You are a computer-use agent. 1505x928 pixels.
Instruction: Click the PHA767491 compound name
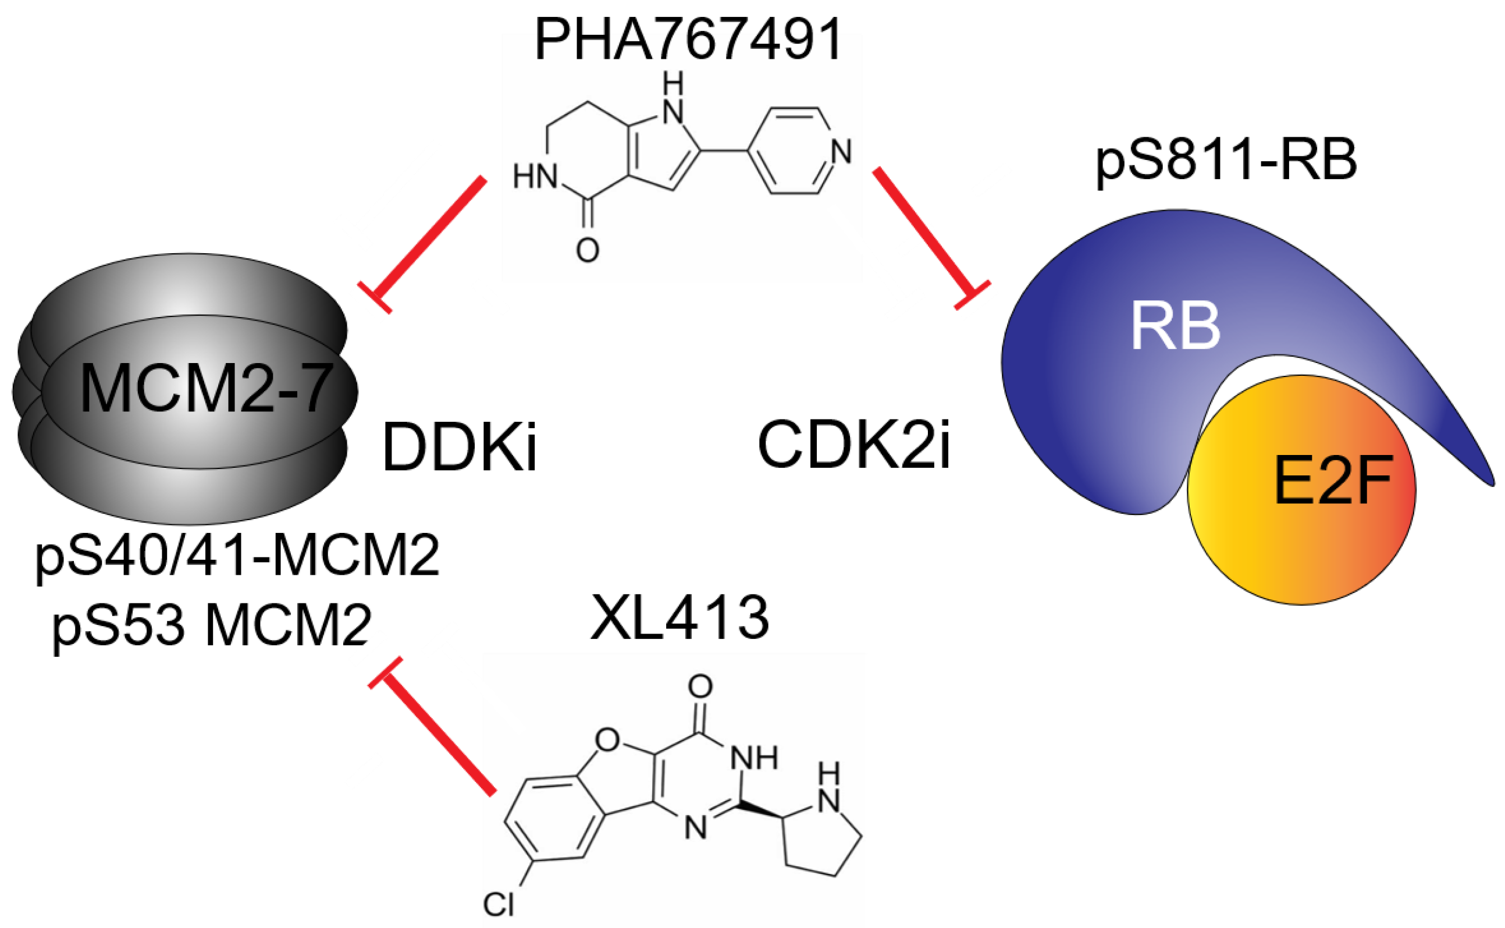click(x=688, y=41)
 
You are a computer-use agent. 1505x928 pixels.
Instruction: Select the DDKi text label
click(x=459, y=448)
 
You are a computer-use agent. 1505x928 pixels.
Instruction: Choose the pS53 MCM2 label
click(x=212, y=626)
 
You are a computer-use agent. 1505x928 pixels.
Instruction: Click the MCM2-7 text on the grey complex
click(x=207, y=388)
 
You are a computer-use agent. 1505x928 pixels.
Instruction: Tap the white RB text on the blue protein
click(x=1175, y=327)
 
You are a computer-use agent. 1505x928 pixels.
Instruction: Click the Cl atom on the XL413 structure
click(x=497, y=905)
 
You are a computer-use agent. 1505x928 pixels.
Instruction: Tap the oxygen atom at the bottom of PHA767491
click(x=587, y=250)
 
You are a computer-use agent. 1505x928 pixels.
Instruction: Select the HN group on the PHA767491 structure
click(x=535, y=177)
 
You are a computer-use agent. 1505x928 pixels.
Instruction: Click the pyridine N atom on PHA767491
click(x=842, y=151)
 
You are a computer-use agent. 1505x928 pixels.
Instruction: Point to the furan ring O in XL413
click(x=607, y=740)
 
